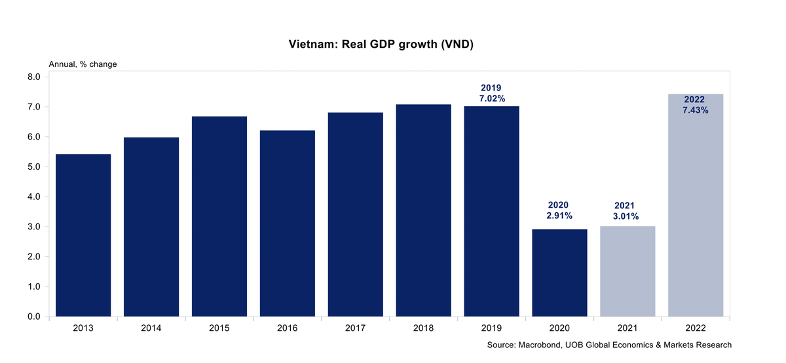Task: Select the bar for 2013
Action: click(83, 235)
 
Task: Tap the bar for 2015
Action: click(219, 216)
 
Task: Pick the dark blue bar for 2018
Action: click(423, 210)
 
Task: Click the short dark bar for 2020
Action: click(559, 273)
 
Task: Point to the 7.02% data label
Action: click(491, 98)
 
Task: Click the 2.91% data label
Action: click(559, 216)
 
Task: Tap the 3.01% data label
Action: click(625, 216)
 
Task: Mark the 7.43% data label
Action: click(694, 110)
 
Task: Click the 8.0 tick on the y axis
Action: click(33, 77)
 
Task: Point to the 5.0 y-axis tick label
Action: click(33, 167)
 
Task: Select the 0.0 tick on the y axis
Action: click(33, 317)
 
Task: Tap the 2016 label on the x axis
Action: click(287, 328)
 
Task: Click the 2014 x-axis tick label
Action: click(151, 328)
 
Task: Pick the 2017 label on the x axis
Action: click(355, 328)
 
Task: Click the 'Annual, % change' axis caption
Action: click(83, 64)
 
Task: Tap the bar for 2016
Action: click(287, 223)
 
